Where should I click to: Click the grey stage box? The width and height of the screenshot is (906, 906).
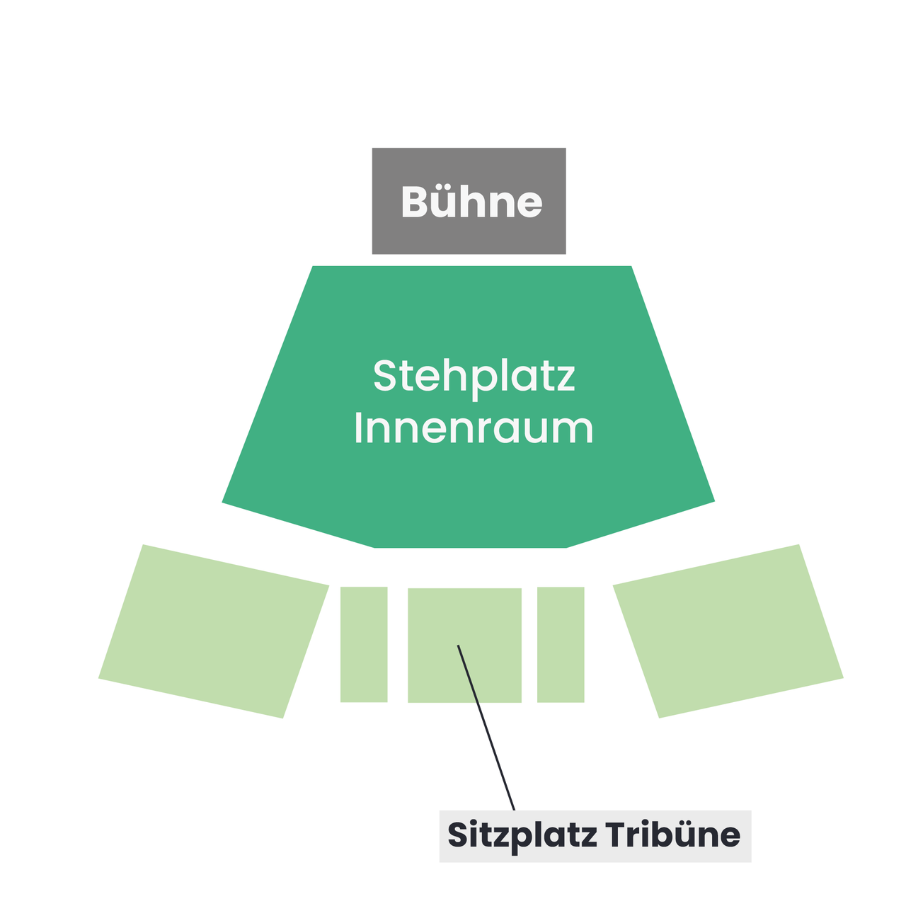[469, 201]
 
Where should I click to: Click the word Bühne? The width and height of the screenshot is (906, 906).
[471, 201]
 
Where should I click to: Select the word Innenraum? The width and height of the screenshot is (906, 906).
[474, 428]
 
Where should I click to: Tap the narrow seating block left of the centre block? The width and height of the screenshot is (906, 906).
[364, 644]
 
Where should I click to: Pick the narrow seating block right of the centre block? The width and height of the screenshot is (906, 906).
[561, 644]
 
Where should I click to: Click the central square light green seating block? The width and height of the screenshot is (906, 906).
[464, 645]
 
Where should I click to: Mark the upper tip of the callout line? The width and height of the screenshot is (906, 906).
[458, 645]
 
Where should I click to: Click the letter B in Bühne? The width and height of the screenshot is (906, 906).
[414, 201]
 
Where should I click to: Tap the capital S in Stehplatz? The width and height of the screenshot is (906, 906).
[384, 376]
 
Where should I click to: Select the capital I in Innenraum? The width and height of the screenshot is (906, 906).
[357, 428]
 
